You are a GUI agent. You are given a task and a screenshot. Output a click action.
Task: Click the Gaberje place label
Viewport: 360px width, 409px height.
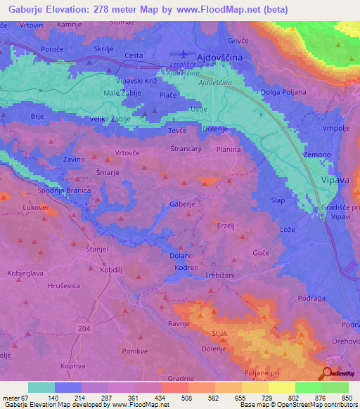click(x=182, y=204)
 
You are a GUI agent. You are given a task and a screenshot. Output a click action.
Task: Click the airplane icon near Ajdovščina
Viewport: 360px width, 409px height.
click(x=184, y=54)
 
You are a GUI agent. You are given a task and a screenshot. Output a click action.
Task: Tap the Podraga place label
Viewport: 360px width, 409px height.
click(x=311, y=298)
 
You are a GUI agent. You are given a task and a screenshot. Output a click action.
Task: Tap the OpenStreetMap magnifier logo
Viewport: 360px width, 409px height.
click(x=327, y=374)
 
